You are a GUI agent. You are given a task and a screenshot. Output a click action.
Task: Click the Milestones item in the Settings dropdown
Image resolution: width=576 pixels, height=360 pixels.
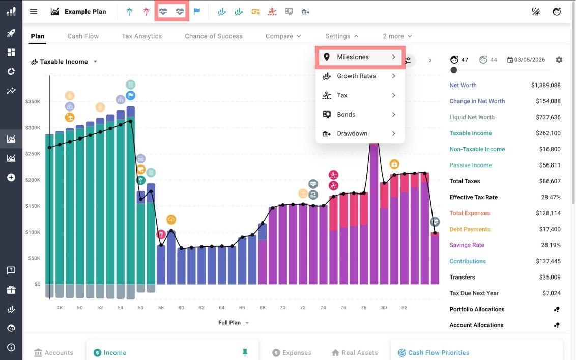coord(353,57)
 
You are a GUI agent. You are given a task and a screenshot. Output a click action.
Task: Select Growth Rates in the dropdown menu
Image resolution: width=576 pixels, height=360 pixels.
coord(356,76)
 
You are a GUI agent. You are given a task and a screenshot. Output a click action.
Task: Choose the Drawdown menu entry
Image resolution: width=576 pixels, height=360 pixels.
coord(352,134)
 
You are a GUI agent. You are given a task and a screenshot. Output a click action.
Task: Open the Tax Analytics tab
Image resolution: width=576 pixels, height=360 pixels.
coord(141,36)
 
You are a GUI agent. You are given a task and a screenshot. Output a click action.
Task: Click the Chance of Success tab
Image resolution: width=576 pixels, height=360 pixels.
coord(214,36)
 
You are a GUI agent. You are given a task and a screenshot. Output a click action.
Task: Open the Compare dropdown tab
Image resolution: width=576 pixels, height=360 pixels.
coord(283,36)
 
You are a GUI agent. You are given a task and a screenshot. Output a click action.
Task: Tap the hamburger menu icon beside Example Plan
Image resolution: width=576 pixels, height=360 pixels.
coord(34,12)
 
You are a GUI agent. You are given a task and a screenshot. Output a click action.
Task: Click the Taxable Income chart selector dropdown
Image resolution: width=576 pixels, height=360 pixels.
coord(64,62)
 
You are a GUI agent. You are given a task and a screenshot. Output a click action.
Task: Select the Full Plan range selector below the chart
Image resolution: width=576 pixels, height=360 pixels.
coord(234,323)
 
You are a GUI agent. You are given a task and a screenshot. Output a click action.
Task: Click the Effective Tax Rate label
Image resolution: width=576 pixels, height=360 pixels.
coord(473,198)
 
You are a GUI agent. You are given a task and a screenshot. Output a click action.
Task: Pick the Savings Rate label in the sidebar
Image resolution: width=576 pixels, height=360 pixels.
coord(467,245)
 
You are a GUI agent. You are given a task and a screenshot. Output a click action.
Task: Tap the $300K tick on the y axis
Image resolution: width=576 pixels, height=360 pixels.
coord(33,128)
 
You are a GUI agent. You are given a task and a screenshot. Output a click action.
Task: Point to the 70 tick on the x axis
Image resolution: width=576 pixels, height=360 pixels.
coord(282,308)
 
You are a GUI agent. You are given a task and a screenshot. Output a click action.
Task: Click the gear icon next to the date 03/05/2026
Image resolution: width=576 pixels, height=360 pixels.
coord(559,60)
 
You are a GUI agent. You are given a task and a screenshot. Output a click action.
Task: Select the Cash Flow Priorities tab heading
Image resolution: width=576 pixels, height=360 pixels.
coord(438,353)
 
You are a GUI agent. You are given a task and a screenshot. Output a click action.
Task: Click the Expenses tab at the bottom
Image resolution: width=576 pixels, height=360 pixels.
coord(297,353)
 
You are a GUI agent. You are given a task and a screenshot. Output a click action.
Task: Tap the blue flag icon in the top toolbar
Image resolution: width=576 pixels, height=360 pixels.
coord(196,12)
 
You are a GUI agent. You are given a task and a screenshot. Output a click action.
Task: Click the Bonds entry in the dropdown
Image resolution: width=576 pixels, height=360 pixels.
coord(346,115)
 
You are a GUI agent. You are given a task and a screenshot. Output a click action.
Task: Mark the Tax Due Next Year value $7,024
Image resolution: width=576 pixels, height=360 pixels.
coord(552,293)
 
